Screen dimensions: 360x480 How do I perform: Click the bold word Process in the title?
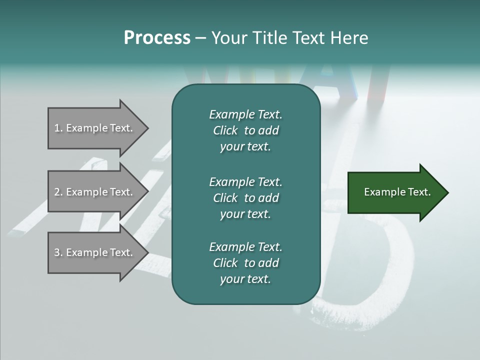click(157, 38)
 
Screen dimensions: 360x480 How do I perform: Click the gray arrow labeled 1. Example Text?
click(95, 128)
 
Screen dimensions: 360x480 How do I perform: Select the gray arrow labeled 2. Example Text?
click(95, 192)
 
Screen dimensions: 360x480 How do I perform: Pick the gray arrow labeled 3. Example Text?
click(95, 252)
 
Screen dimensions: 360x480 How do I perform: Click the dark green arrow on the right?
click(395, 192)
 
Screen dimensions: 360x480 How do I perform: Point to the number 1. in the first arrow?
click(58, 128)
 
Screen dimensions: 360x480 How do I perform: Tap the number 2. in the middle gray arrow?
click(58, 192)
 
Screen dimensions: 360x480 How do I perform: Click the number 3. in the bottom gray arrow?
click(58, 252)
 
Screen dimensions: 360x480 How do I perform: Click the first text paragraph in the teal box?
click(245, 130)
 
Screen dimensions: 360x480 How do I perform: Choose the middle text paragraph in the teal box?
click(245, 197)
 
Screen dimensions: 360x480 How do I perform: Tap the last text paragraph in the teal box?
click(245, 263)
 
